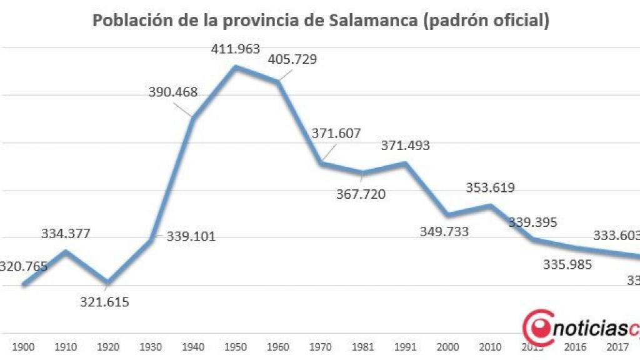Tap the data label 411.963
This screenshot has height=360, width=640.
click(236, 49)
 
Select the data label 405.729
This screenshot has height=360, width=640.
click(292, 60)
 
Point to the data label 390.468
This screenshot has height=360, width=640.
click(173, 92)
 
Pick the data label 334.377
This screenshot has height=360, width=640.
click(66, 234)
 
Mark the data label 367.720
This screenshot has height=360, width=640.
click(361, 194)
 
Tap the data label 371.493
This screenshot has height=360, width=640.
click(406, 146)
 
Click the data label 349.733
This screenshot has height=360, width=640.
click(444, 232)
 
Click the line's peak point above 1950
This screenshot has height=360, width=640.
click(236, 66)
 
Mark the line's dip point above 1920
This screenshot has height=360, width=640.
click(108, 282)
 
